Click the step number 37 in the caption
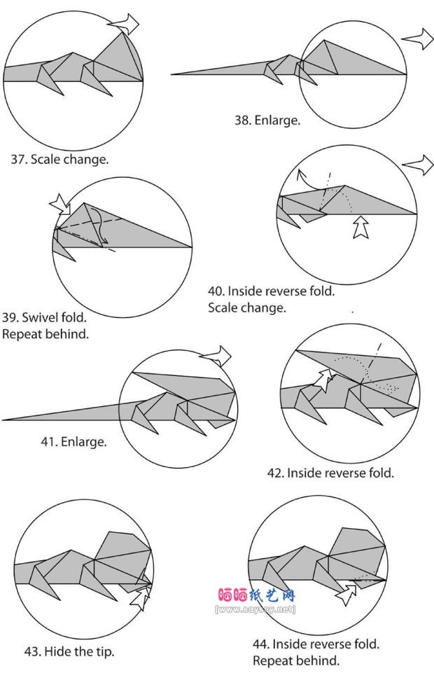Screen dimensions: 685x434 (x=17, y=159)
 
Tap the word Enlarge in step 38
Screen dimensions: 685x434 (x=278, y=120)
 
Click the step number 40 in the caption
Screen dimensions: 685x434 (x=216, y=291)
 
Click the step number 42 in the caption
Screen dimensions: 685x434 (x=275, y=473)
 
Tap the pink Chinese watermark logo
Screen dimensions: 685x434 (x=256, y=596)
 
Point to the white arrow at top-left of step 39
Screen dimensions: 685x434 (x=60, y=206)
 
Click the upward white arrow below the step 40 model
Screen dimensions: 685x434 (x=360, y=227)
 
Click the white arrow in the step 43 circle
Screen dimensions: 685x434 (x=140, y=597)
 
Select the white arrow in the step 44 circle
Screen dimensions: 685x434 (x=346, y=595)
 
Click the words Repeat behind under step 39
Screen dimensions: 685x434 (x=45, y=334)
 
